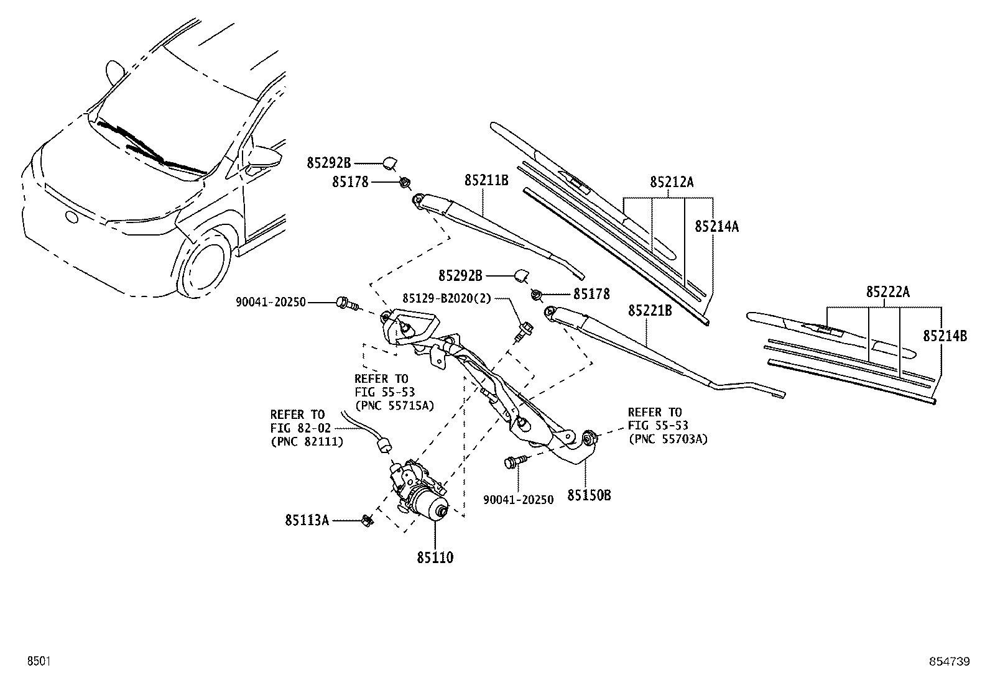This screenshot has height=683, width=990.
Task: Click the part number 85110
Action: pos(435,557)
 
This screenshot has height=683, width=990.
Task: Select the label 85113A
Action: pos(307,520)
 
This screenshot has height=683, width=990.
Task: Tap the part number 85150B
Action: pos(589,496)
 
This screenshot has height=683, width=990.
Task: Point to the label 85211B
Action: pos(486,180)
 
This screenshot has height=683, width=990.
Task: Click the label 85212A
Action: pos(672,181)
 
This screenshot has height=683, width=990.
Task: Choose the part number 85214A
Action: pos(716,226)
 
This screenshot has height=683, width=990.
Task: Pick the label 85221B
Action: pos(650,311)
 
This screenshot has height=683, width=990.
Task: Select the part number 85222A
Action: pos(888,291)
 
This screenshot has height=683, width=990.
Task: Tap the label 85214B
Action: pos(945,336)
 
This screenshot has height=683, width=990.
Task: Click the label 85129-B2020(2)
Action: pos(446,299)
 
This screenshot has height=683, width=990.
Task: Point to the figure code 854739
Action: pos(950,661)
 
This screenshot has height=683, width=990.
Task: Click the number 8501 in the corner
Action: pos(39,661)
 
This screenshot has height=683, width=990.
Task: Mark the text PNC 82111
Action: pos(307,441)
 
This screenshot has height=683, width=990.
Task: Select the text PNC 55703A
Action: pos(668,439)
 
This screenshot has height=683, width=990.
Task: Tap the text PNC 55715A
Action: pos(394,405)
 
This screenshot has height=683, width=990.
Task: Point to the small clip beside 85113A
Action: pos(368,520)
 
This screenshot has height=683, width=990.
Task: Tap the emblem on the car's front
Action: pos(71,218)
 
